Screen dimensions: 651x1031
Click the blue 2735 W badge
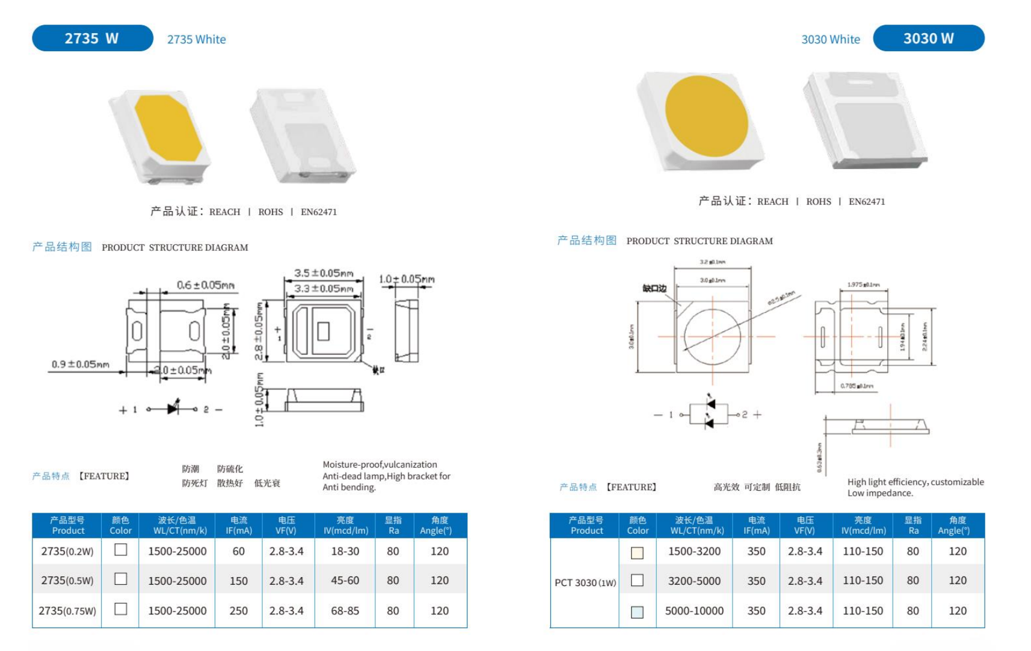[x=92, y=39]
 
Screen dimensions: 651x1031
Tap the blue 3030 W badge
[x=928, y=39]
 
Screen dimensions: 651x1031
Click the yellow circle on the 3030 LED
[x=706, y=117]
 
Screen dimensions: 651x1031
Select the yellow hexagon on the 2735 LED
[x=168, y=127]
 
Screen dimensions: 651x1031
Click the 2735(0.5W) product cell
[x=67, y=581]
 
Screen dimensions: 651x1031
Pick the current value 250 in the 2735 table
[x=238, y=611]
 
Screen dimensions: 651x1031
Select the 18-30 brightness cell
[x=345, y=551]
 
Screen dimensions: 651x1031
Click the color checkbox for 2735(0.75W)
[x=121, y=609]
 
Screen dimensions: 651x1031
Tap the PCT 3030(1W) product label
[x=585, y=582]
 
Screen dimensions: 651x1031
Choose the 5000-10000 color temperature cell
[x=694, y=611]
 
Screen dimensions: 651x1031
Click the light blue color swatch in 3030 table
[x=637, y=612]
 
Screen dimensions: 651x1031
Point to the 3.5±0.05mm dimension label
[x=323, y=273]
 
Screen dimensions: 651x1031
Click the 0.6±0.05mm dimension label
[x=205, y=285]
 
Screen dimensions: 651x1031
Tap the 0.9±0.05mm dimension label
[x=81, y=364]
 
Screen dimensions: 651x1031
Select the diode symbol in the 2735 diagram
[x=173, y=409]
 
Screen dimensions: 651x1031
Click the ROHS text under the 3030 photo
[x=818, y=202]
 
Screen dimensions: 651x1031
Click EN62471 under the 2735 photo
[x=319, y=212]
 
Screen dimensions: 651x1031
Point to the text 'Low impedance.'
[x=880, y=493]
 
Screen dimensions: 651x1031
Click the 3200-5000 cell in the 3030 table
[x=694, y=581]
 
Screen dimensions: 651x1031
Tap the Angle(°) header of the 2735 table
[x=440, y=525]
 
